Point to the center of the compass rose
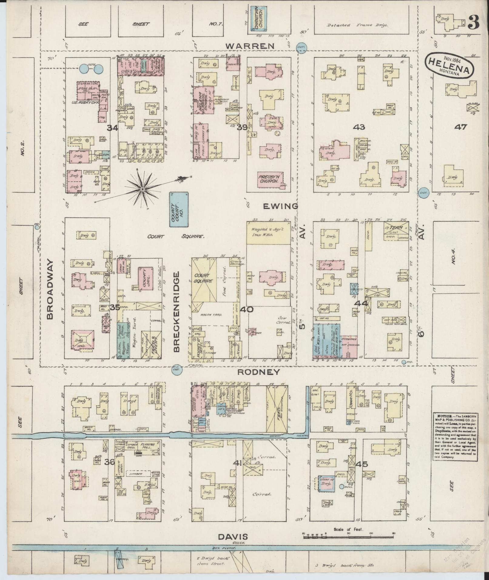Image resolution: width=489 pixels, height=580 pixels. [x=142, y=189]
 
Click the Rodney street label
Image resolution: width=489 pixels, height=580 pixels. [x=254, y=372]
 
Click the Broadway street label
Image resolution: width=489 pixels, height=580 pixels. [x=50, y=289]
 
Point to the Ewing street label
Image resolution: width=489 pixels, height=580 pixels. [x=280, y=206]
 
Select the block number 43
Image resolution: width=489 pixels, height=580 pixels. [x=361, y=127]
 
